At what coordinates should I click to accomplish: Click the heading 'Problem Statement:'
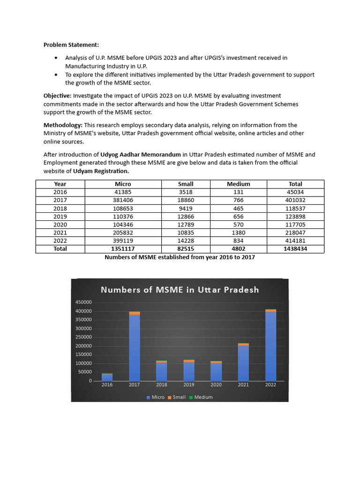(71, 45)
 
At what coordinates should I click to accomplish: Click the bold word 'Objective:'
(58, 96)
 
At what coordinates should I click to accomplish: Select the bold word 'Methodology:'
(63, 125)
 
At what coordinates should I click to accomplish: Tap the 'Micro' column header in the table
(123, 184)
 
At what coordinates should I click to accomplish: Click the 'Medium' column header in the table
(238, 184)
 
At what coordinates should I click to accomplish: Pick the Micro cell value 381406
(123, 200)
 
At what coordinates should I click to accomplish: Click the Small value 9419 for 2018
(186, 208)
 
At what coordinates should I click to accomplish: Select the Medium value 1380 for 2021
(238, 232)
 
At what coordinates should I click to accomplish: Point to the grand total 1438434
(295, 249)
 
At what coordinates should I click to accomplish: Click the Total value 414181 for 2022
(295, 240)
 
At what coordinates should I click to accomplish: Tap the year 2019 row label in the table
(60, 217)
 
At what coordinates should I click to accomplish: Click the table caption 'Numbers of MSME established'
(180, 257)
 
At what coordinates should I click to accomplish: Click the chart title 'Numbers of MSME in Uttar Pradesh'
(180, 290)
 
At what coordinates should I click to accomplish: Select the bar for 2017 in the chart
(135, 347)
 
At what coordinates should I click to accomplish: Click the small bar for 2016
(107, 377)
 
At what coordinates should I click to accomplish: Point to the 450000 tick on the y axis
(84, 302)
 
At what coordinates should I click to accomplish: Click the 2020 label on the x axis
(216, 385)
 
